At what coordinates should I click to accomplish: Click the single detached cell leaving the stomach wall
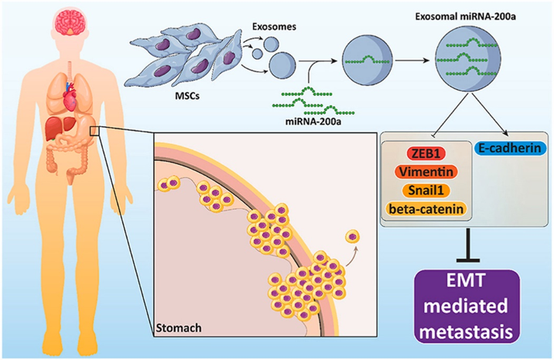coord(354,236)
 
